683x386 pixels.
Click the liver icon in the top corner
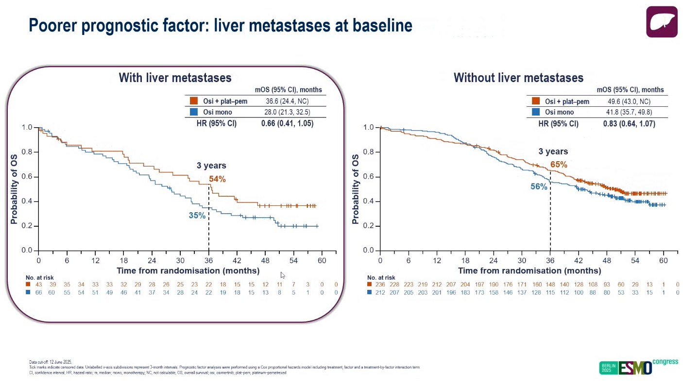pos(662,22)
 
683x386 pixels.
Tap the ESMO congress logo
pos(638,367)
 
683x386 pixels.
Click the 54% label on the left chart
pos(217,179)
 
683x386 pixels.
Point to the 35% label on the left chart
pos(197,216)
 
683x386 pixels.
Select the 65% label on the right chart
pos(559,165)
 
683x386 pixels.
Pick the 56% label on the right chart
pos(539,186)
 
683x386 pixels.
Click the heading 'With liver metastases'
pos(175,78)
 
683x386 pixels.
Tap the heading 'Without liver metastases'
pos(518,78)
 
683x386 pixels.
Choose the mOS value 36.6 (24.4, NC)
pos(287,101)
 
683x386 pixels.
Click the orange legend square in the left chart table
pos(194,101)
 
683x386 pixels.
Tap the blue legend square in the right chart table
pos(536,112)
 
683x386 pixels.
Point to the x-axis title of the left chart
pos(188,270)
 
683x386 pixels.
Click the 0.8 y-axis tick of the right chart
pos(368,152)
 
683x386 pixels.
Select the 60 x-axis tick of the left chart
pos(322,260)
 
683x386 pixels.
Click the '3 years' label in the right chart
pos(553,151)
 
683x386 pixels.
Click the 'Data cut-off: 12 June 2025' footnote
pos(51,362)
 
